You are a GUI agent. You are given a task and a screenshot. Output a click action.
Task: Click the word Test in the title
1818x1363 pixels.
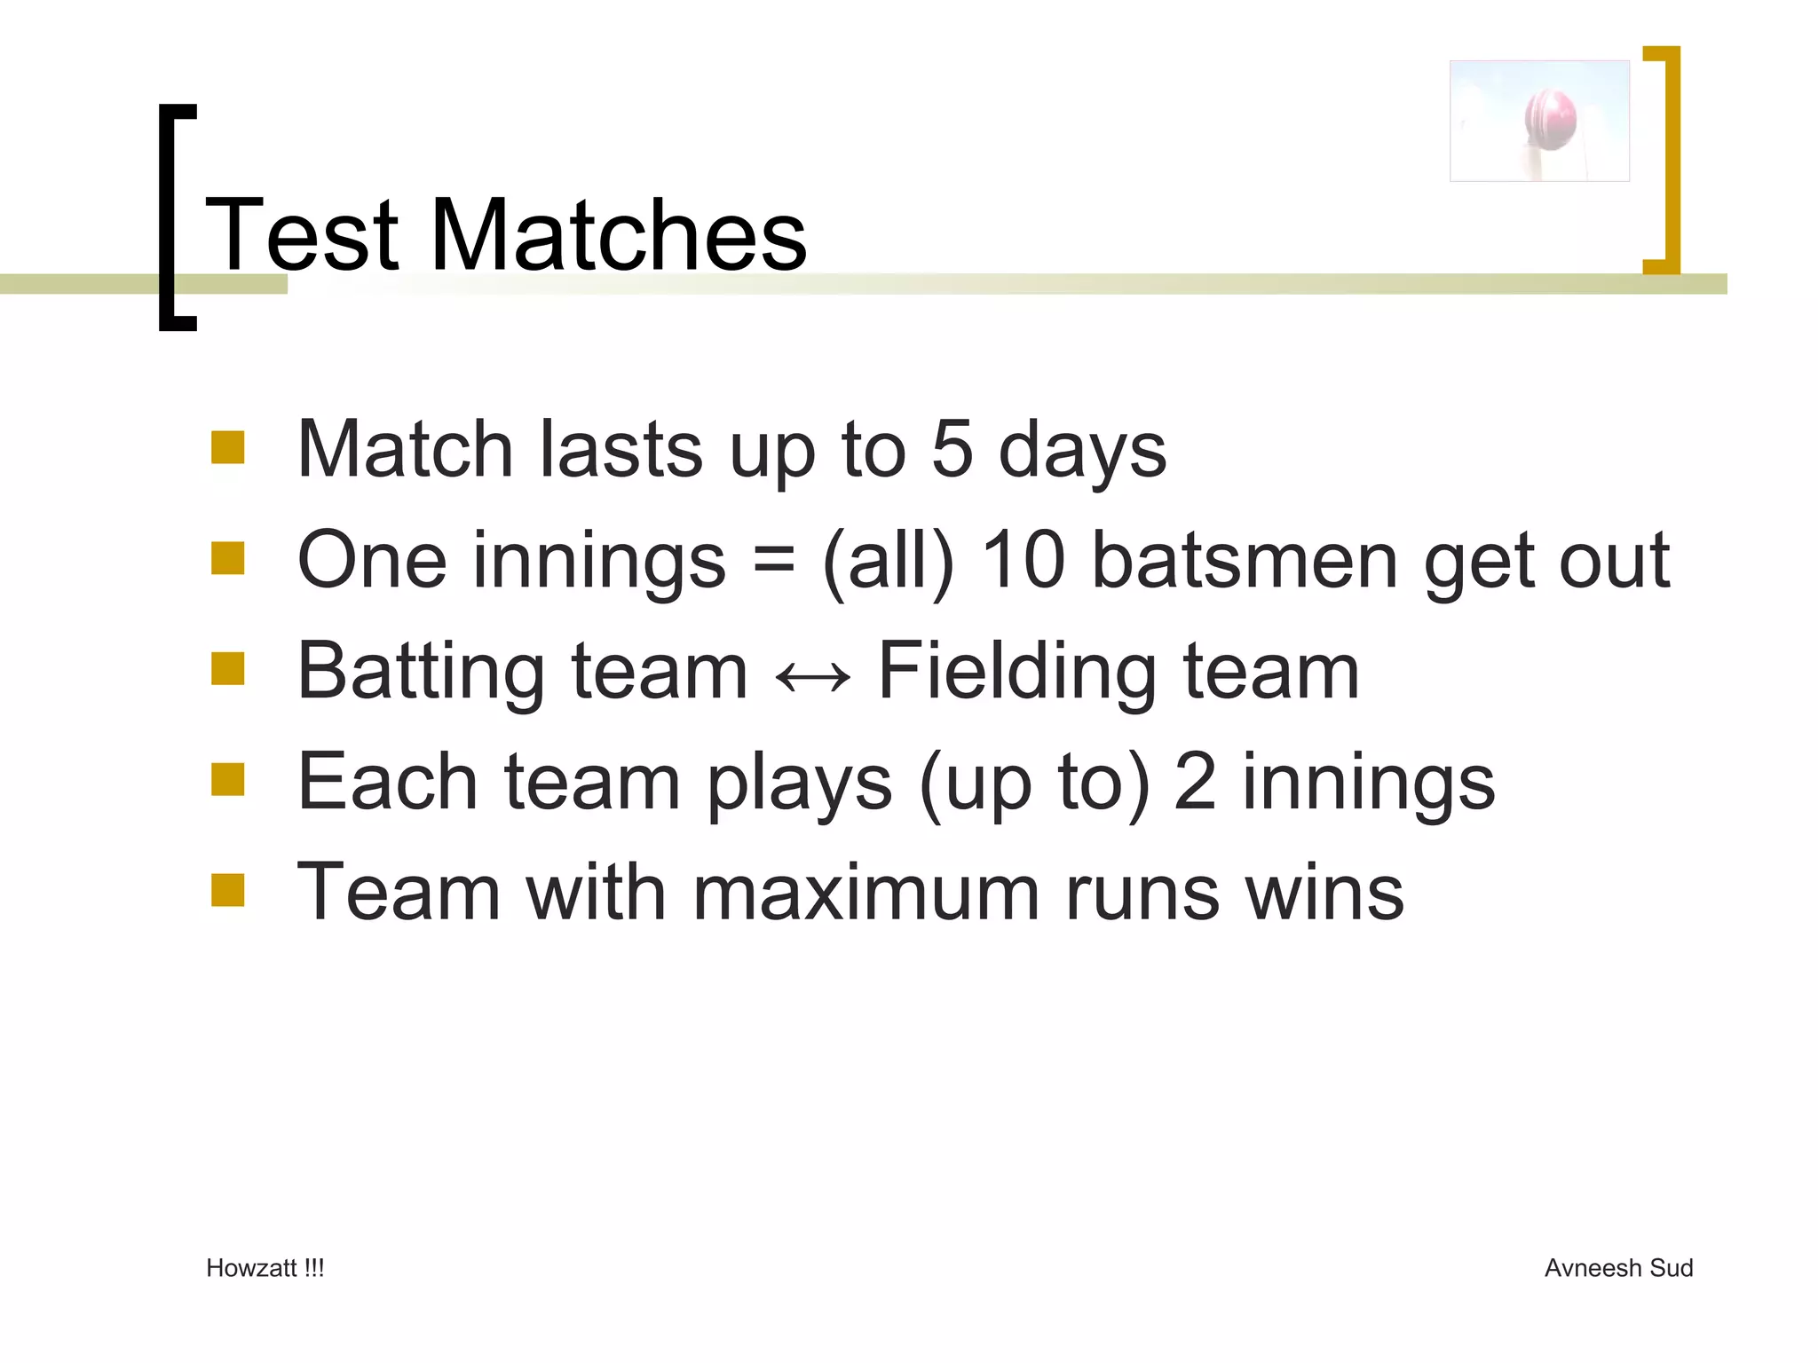pyautogui.click(x=302, y=235)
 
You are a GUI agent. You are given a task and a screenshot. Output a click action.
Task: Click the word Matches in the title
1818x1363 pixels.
pyautogui.click(x=619, y=235)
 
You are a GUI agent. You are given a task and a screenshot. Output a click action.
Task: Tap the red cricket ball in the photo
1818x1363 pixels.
pyautogui.click(x=1551, y=118)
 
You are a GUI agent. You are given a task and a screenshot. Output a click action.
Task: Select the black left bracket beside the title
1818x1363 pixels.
pyautogui.click(x=175, y=217)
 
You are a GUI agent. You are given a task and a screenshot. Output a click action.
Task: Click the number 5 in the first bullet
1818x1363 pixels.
pyautogui.click(x=952, y=449)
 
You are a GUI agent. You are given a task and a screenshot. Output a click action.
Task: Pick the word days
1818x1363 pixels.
pyautogui.click(x=1082, y=451)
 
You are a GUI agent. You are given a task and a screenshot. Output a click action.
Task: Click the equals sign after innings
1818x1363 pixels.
pyautogui.click(x=774, y=560)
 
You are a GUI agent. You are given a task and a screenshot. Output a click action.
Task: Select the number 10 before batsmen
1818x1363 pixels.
pyautogui.click(x=1023, y=560)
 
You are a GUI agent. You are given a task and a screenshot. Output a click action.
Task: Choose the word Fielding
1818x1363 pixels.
pyautogui.click(x=1017, y=673)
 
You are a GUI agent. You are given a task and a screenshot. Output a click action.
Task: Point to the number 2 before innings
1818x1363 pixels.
pyautogui.click(x=1195, y=782)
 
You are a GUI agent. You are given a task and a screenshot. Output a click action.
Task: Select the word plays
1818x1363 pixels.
pyautogui.click(x=800, y=784)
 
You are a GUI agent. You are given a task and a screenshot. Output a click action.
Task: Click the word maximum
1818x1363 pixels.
pyautogui.click(x=865, y=893)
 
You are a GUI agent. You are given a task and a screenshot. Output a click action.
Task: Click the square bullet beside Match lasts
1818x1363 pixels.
pyautogui.click(x=228, y=448)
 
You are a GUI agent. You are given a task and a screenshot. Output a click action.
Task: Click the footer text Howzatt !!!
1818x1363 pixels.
pyautogui.click(x=265, y=1268)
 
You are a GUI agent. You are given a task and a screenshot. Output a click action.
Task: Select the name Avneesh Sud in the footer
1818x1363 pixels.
pyautogui.click(x=1618, y=1268)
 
